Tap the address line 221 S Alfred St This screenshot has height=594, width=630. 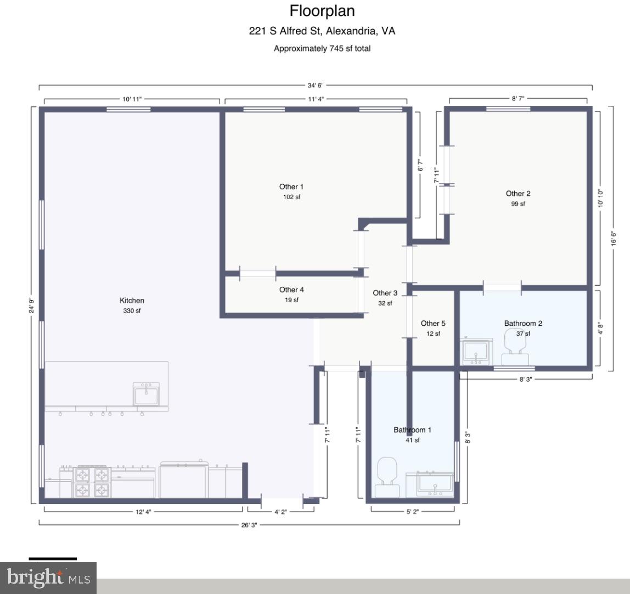[322, 31]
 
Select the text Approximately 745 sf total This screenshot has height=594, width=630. [322, 49]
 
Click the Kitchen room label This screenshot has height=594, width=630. [132, 301]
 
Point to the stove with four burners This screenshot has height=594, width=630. [92, 481]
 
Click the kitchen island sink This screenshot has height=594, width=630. [147, 393]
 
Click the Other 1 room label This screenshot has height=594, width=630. [291, 187]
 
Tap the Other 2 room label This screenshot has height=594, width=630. [518, 194]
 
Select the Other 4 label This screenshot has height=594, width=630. [291, 290]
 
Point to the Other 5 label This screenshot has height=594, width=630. [433, 324]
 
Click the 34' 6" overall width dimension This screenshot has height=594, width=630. [316, 85]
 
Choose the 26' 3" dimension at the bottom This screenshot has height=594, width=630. [249, 525]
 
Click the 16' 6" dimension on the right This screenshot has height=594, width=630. [614, 239]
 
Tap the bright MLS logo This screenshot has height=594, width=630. [48, 578]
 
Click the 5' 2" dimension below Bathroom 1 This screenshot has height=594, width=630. [413, 512]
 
